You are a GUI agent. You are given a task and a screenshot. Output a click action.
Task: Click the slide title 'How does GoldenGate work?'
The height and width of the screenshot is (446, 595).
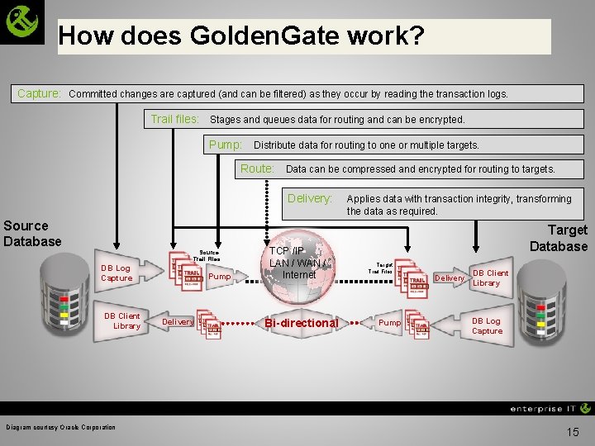pos(241,36)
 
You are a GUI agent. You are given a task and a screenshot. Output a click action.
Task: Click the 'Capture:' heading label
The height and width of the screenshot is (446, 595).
pos(40,93)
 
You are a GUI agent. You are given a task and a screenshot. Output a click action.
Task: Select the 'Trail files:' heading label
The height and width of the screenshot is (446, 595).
pos(174,119)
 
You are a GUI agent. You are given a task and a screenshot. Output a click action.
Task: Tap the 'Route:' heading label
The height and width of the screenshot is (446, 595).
pos(257,168)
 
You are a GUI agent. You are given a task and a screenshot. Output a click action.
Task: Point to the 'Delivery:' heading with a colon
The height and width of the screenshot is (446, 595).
pos(310,198)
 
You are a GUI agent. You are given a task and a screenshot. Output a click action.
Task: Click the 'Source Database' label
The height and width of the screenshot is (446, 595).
pos(32,233)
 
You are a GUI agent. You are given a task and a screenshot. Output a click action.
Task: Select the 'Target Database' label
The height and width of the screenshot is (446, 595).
pos(559,238)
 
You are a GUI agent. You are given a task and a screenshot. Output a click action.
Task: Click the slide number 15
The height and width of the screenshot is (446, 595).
pos(574,432)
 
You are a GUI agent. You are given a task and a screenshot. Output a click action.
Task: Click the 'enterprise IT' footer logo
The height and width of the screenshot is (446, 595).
pos(550,408)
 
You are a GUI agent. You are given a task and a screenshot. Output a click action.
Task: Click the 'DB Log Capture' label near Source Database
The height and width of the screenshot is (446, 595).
pos(117,273)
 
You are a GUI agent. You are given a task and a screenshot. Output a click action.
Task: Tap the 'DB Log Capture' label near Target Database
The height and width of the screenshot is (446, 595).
pos(487,325)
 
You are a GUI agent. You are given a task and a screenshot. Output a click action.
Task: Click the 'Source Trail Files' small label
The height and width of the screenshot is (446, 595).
pos(207,255)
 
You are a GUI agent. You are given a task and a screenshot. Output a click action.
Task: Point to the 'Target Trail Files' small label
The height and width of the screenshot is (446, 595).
pos(380,268)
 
